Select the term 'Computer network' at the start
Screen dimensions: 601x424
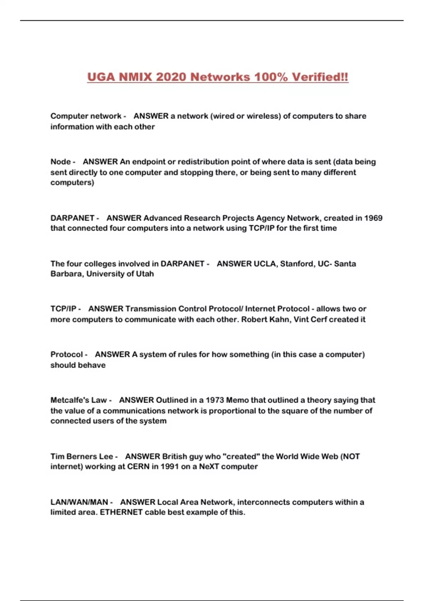pos(86,116)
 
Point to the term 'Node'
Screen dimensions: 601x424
pos(60,162)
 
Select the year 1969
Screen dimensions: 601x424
pos(373,218)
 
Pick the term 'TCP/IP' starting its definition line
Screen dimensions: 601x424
pos(63,309)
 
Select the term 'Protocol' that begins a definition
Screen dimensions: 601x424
pos(66,354)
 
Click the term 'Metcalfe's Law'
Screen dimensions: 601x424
pos(78,400)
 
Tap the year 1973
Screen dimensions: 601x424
pos(214,400)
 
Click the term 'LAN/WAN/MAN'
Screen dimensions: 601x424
pos(79,502)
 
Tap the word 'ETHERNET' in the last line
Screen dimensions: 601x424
pos(121,512)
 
